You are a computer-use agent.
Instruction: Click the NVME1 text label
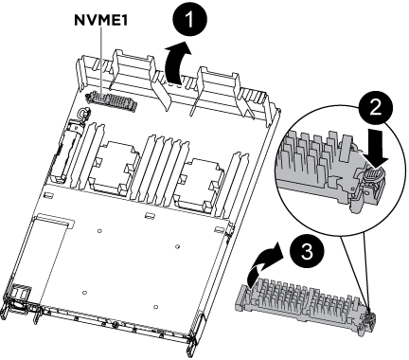tap(100, 20)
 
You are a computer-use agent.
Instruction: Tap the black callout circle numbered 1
tap(190, 20)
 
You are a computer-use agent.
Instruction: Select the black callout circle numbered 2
tap(376, 109)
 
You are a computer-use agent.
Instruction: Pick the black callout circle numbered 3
tap(307, 252)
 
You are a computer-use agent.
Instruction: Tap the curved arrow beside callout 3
tap(261, 264)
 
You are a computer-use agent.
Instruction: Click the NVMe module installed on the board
tap(111, 100)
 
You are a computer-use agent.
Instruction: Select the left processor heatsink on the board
tap(115, 167)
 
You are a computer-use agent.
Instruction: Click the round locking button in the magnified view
tap(376, 174)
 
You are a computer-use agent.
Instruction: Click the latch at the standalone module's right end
tap(369, 323)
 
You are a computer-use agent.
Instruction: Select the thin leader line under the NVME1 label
tap(101, 61)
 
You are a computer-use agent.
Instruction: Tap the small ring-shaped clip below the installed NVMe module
tap(84, 113)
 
